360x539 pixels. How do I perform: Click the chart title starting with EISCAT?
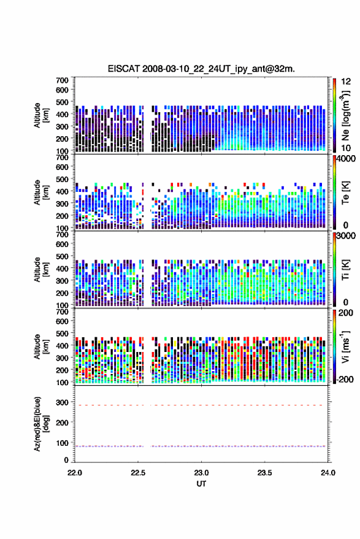[x=201, y=69]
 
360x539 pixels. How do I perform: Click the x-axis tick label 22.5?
[x=138, y=473]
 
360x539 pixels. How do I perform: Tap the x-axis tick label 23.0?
[x=201, y=473]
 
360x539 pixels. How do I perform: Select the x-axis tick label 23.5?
[x=264, y=473]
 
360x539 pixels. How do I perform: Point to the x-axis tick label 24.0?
[x=327, y=473]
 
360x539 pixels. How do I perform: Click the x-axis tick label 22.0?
[x=75, y=473]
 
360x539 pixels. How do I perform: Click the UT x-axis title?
[x=201, y=484]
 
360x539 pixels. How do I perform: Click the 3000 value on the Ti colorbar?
[x=347, y=236]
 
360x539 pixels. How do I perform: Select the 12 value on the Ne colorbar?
[x=347, y=82]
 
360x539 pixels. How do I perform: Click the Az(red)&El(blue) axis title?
[x=41, y=424]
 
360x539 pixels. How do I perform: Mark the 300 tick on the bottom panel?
[x=62, y=402]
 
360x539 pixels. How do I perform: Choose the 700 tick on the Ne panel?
[x=62, y=80]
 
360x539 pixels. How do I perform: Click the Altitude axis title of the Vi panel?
[x=41, y=346]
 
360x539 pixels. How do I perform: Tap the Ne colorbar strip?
[x=334, y=115]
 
